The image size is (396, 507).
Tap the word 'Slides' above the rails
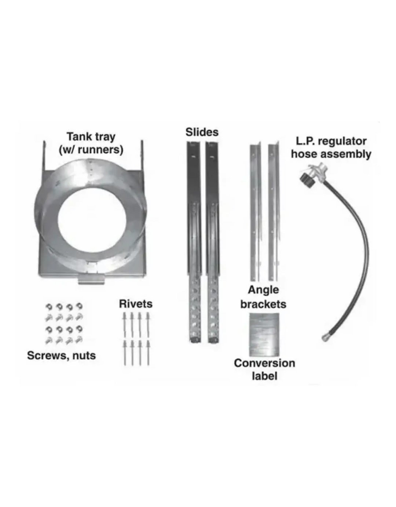point(202,132)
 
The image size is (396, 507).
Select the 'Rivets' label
point(136,304)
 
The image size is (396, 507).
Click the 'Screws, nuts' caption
point(61,356)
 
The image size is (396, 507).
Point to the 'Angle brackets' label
point(263,297)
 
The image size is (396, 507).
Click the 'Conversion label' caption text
point(264,369)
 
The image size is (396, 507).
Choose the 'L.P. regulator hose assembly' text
point(331,148)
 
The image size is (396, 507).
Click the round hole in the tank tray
point(92,220)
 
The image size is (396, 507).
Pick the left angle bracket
point(255,212)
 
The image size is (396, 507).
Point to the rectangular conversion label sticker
point(264,335)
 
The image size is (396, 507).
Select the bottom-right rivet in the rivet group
point(148,353)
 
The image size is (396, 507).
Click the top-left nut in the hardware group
point(48,306)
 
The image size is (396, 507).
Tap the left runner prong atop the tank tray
point(44,155)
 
